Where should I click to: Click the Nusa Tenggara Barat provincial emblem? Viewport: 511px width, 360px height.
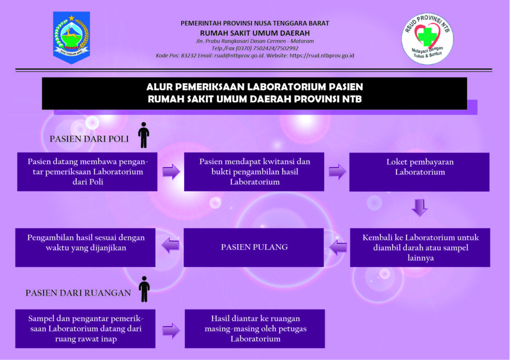click(71, 37)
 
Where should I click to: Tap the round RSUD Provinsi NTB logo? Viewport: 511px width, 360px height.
click(427, 39)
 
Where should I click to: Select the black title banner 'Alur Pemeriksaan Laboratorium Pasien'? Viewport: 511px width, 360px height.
click(255, 93)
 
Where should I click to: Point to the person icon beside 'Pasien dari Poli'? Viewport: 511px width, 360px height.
click(144, 135)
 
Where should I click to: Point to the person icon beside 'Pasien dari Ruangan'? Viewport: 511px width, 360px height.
click(144, 289)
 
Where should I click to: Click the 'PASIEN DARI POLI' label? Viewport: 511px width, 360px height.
click(89, 139)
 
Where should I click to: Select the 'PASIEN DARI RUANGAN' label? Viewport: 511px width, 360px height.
click(78, 293)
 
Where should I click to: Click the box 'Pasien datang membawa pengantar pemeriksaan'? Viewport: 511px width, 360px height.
click(87, 172)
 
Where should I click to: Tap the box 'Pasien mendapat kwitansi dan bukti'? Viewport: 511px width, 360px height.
click(255, 172)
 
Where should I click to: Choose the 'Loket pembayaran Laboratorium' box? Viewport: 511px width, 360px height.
click(419, 172)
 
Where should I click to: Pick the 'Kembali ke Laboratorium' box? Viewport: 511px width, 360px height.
click(420, 248)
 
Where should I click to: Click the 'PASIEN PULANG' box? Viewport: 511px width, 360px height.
click(254, 247)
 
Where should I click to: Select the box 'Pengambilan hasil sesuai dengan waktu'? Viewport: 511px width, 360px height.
click(86, 247)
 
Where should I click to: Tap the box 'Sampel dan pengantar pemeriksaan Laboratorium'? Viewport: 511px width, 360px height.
click(85, 329)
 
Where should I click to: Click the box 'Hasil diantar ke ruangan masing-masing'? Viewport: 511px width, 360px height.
click(255, 329)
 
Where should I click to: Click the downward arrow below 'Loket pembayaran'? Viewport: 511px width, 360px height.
click(420, 208)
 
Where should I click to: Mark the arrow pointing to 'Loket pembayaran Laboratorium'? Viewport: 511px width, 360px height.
click(337, 172)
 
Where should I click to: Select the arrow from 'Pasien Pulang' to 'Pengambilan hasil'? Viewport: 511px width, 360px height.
click(170, 245)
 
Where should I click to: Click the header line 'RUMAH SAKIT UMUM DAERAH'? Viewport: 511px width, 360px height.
click(255, 33)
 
